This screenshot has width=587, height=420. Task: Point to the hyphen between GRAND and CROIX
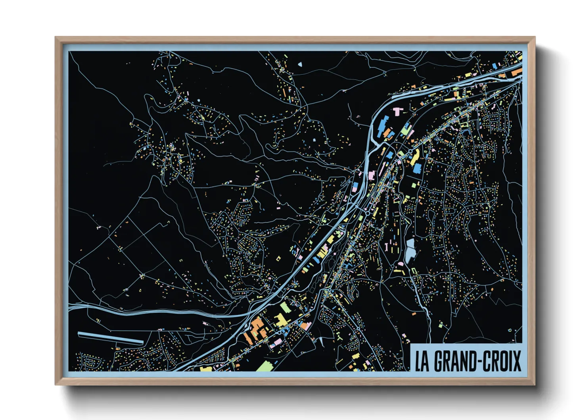[x=480, y=362]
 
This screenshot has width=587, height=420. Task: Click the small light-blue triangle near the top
[x=300, y=64]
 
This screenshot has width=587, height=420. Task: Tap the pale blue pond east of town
[x=410, y=250]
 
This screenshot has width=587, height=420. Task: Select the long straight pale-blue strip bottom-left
[x=111, y=338]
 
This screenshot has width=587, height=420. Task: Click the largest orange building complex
[x=256, y=329]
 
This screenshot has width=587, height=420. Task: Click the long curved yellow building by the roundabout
[x=414, y=157]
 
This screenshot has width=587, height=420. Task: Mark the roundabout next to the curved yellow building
[x=409, y=151]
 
